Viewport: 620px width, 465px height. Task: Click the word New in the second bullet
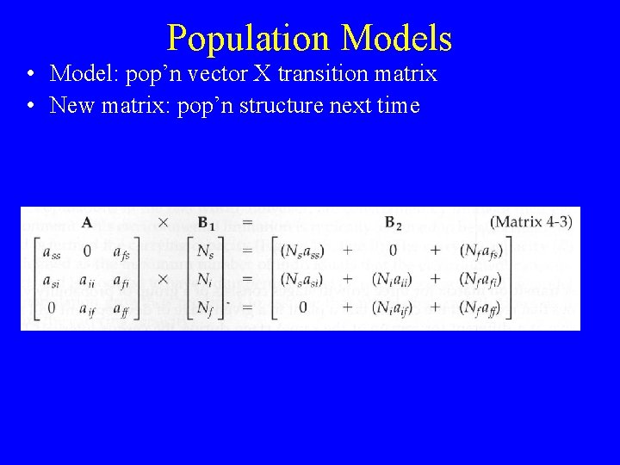click(x=70, y=106)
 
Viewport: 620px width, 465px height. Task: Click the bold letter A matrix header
click(x=87, y=223)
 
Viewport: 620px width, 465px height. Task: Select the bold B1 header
click(x=207, y=224)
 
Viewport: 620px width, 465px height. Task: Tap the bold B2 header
click(x=393, y=224)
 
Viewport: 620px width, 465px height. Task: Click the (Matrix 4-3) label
click(x=530, y=222)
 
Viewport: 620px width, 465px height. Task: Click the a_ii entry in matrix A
click(x=87, y=279)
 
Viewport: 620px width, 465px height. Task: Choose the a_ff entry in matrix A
click(x=121, y=307)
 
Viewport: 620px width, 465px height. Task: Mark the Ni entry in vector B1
click(x=205, y=279)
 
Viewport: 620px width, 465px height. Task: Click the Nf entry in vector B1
click(x=205, y=307)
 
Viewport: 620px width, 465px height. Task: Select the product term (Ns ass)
click(x=302, y=251)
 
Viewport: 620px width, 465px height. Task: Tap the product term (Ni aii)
click(x=392, y=279)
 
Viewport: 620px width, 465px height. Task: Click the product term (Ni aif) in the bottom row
click(x=392, y=307)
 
